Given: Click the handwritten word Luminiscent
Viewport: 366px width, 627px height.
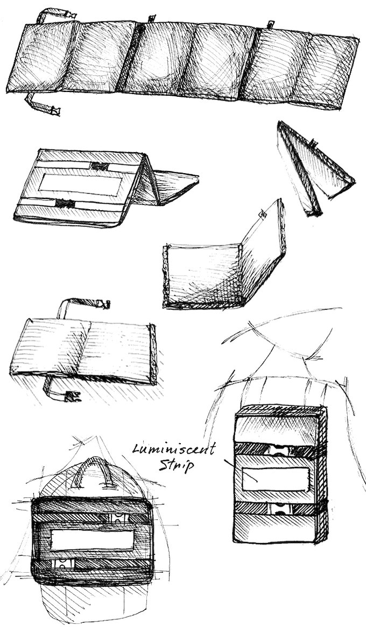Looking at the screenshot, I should click(174, 449).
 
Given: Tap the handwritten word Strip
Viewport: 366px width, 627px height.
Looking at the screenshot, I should click(175, 465).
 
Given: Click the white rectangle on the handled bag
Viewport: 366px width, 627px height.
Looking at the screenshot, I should click(92, 539).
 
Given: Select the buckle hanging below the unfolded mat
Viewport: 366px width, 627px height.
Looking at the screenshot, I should click(53, 111).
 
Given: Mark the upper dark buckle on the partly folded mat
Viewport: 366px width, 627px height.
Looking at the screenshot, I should click(100, 166).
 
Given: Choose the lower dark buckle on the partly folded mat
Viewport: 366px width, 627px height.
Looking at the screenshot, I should click(65, 203).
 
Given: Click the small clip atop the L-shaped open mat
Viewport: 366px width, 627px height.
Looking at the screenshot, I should click(263, 214).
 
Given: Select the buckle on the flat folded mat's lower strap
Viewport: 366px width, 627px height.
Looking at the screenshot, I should click(72, 397).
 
